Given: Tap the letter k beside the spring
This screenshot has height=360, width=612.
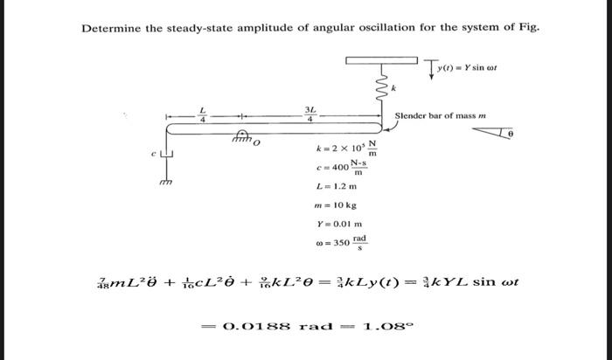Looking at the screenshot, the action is (x=395, y=88).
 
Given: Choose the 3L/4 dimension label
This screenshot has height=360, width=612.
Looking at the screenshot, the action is (x=309, y=114).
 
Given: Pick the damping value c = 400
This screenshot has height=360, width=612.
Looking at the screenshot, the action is (x=340, y=166).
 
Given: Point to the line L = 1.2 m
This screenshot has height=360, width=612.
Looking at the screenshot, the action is (x=337, y=186).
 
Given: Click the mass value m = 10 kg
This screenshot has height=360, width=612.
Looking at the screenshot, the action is (x=337, y=205).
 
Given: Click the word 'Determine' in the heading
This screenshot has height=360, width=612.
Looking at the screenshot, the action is (x=111, y=28).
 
